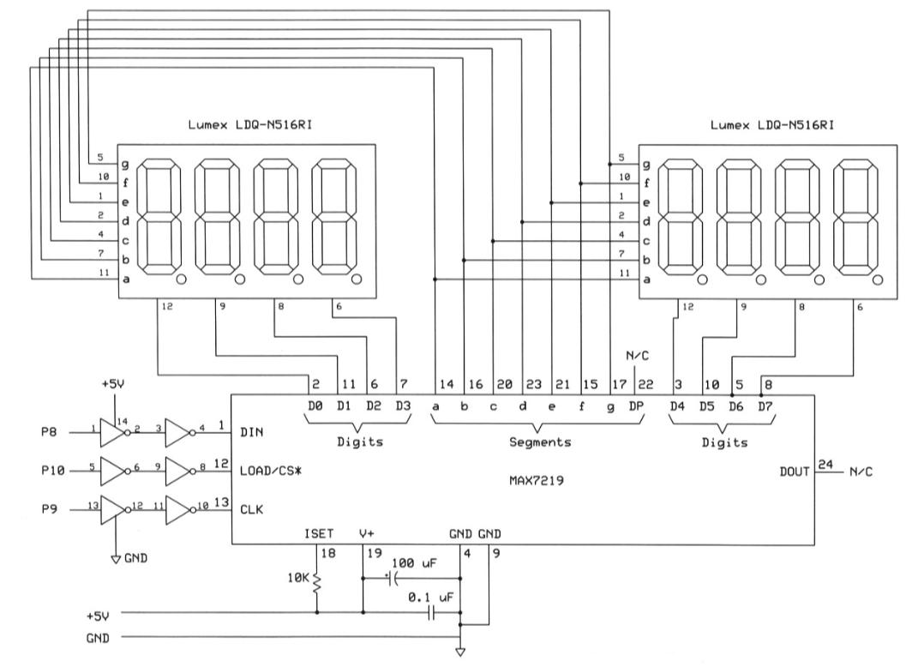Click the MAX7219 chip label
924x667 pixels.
(x=537, y=481)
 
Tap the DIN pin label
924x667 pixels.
(x=252, y=432)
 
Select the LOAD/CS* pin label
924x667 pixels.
(x=271, y=471)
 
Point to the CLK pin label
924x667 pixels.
(x=252, y=509)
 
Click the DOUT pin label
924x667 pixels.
(x=795, y=472)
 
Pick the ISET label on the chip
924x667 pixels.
(x=319, y=534)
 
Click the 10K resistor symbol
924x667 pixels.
(x=317, y=582)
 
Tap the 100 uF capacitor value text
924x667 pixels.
(x=414, y=563)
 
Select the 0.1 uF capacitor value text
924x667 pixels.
(x=431, y=598)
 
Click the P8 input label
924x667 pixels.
(x=49, y=432)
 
